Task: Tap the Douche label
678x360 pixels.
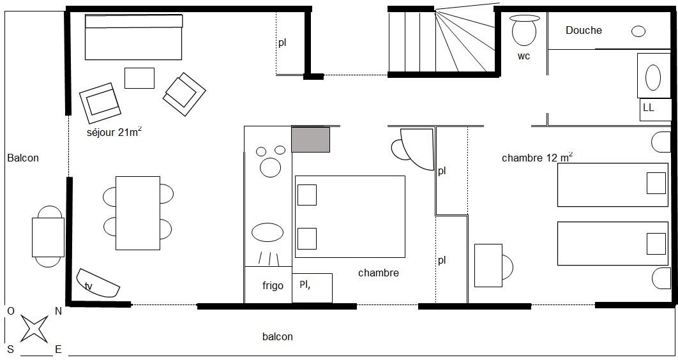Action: [584, 30]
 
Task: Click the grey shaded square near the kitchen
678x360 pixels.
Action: [310, 139]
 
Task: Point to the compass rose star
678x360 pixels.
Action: [34, 329]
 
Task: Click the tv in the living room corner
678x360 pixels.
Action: [98, 283]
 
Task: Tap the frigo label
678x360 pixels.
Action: [273, 286]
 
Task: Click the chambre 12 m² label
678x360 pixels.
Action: [537, 157]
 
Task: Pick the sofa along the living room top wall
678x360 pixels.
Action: [133, 37]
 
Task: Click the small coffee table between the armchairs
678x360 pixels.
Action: [140, 79]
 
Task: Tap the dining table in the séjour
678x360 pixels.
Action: [138, 213]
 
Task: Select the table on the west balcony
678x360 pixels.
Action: [48, 237]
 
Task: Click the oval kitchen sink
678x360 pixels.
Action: [267, 232]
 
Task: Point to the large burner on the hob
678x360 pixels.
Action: [271, 167]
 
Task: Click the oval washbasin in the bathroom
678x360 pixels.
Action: [653, 77]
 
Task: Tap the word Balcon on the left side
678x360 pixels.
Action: [23, 158]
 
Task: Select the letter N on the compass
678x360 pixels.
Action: [58, 311]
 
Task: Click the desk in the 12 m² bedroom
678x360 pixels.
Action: [488, 266]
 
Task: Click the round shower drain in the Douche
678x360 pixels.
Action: [638, 31]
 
